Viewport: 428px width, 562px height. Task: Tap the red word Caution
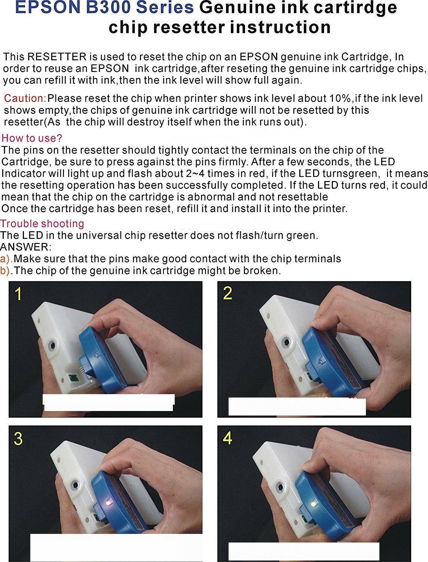25,98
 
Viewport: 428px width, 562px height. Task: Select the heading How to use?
32,138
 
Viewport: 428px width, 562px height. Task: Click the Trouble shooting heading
42,224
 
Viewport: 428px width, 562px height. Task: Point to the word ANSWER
25,247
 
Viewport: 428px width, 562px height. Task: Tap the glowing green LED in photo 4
314,504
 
